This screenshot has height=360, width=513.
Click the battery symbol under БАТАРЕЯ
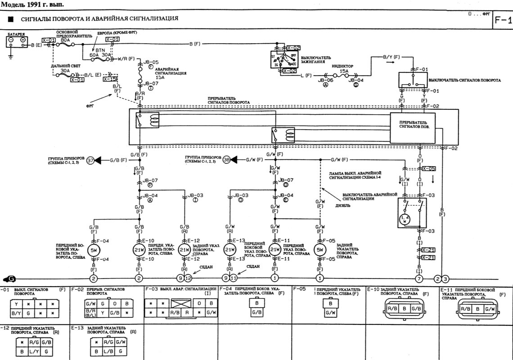pos(16,41)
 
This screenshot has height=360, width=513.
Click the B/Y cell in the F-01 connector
pos(17,313)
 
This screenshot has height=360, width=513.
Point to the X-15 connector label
pos(110,79)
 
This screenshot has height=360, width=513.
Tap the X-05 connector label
pos(429,169)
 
